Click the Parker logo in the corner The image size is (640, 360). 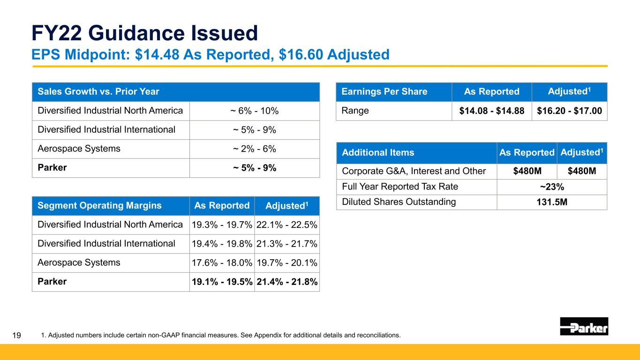(584, 326)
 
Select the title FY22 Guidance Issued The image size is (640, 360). (144, 33)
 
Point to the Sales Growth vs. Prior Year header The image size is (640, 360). (96, 92)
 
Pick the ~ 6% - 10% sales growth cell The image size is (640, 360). (255, 111)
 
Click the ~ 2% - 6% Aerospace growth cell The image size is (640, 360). (255, 149)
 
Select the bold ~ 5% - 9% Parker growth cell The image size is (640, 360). (255, 168)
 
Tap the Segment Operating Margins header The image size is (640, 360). (99, 205)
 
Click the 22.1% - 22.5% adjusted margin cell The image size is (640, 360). (286, 225)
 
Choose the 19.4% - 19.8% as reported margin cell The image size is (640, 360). (222, 244)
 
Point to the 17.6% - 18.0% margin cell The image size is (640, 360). (222, 263)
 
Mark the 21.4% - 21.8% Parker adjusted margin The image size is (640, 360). (286, 282)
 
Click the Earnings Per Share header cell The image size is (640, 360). (384, 92)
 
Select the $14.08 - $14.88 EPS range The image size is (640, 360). (492, 111)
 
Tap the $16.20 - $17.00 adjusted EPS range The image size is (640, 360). (570, 111)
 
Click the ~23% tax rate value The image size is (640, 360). (552, 187)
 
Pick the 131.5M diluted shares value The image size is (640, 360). (552, 202)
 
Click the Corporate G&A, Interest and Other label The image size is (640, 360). (414, 171)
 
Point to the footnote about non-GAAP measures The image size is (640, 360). (221, 335)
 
